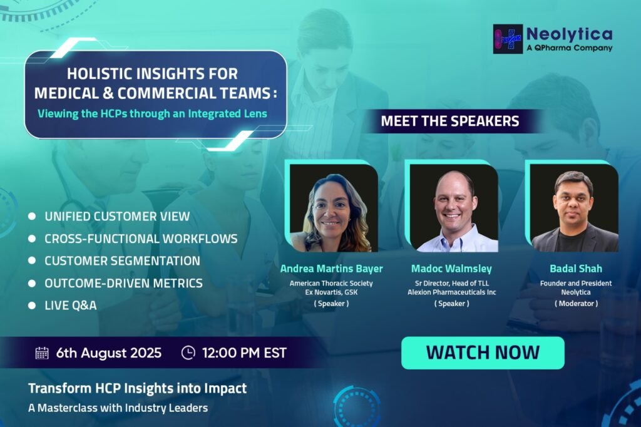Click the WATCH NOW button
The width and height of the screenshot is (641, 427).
(483, 353)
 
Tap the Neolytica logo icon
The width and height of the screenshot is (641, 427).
(508, 39)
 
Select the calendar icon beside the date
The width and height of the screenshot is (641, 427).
(42, 353)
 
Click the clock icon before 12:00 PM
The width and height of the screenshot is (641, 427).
(188, 352)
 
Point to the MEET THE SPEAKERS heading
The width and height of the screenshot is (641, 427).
(450, 121)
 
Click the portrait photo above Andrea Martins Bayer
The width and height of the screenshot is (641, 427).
(334, 208)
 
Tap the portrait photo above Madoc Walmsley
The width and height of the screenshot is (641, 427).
(454, 208)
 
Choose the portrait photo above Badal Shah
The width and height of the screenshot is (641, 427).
(574, 208)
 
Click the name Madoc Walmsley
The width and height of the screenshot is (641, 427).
(451, 269)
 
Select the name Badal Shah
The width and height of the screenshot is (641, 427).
(576, 269)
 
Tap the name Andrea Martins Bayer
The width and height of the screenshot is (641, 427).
(332, 269)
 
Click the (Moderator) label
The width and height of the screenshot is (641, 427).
(576, 304)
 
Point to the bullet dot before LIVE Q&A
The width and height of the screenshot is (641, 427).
(32, 305)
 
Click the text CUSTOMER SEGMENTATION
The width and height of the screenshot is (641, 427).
(122, 261)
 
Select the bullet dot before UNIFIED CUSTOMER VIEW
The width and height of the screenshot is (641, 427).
(32, 217)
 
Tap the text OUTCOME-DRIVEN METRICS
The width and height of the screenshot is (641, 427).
(123, 283)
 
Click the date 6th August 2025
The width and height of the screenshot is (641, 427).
(109, 353)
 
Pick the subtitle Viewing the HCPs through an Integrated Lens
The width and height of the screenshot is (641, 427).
(153, 114)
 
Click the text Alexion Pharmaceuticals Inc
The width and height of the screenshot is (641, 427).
(452, 292)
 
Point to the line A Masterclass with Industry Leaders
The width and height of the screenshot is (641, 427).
(118, 408)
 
